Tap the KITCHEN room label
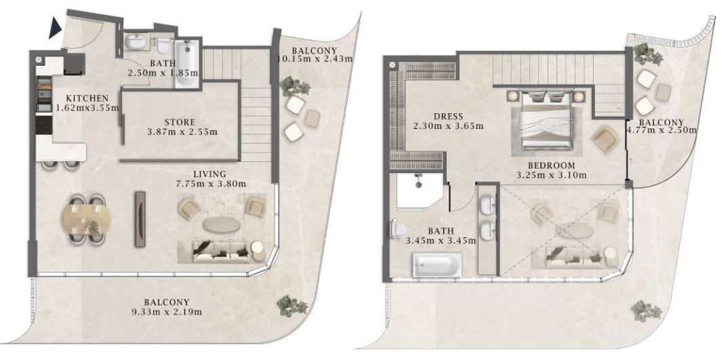[87, 98]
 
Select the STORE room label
[180, 122]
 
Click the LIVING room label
[209, 174]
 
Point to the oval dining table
[86, 219]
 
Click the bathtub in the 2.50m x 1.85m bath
[187, 63]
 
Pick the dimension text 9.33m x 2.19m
[167, 312]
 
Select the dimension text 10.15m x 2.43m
[315, 59]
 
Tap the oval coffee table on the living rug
[221, 225]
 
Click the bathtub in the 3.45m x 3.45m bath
[437, 265]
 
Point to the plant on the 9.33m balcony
[291, 305]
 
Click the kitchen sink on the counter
[44, 96]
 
